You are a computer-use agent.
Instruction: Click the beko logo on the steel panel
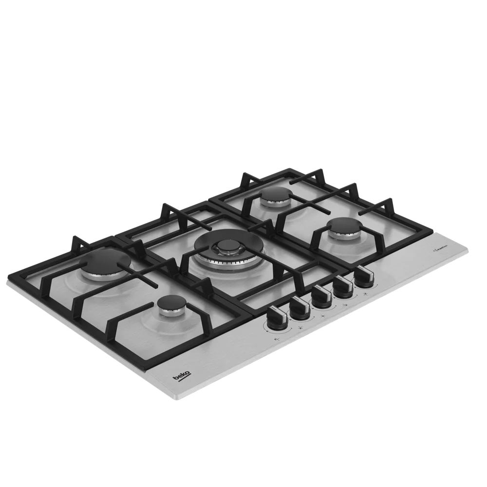pyautogui.click(x=181, y=375)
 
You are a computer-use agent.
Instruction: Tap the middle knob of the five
pyautogui.click(x=322, y=296)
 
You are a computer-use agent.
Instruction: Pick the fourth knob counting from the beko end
pyautogui.click(x=342, y=286)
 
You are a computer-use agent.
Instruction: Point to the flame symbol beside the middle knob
pyautogui.click(x=323, y=317)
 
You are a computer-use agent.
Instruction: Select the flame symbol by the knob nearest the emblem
pyautogui.click(x=364, y=296)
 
